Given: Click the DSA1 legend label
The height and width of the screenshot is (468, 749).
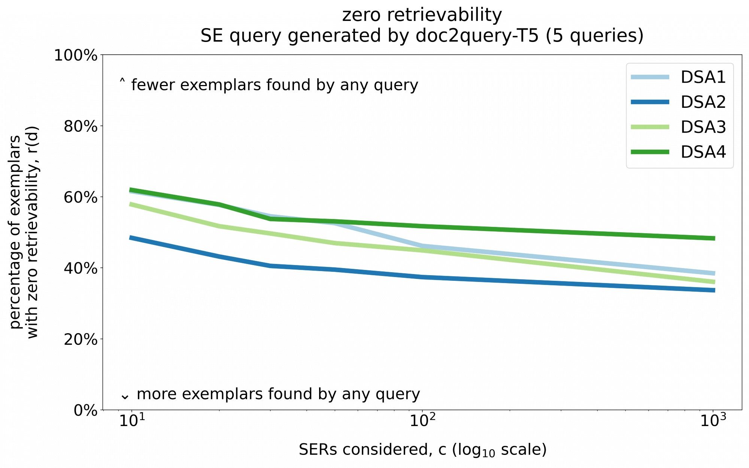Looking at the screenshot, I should click(703, 77).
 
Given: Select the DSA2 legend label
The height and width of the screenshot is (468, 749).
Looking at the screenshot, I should click(703, 102).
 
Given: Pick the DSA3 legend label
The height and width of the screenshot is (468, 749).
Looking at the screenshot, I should click(703, 127).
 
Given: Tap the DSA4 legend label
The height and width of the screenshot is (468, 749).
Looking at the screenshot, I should click(703, 152).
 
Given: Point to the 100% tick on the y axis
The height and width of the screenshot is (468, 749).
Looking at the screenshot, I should click(76, 55).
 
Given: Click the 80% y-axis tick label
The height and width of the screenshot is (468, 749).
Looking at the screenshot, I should click(81, 126).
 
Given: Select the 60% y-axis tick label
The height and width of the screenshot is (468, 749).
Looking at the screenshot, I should click(81, 197).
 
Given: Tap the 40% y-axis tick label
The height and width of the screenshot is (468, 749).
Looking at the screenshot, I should click(81, 268).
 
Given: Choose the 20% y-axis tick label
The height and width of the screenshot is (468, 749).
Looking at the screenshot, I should click(81, 339).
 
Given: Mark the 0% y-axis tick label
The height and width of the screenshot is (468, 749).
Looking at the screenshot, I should click(85, 410).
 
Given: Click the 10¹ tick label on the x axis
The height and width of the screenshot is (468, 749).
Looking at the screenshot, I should click(132, 421).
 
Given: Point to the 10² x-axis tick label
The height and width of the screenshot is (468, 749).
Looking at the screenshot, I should click(422, 421).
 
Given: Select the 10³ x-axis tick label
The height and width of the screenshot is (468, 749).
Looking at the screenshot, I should click(713, 421).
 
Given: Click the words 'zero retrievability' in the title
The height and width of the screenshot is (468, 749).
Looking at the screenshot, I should click(422, 15).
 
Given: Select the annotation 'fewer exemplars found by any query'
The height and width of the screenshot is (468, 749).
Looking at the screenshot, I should click(274, 85).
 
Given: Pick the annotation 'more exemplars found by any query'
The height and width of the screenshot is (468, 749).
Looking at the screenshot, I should click(278, 394).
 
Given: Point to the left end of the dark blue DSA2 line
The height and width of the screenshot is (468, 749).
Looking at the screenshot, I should click(130, 237).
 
